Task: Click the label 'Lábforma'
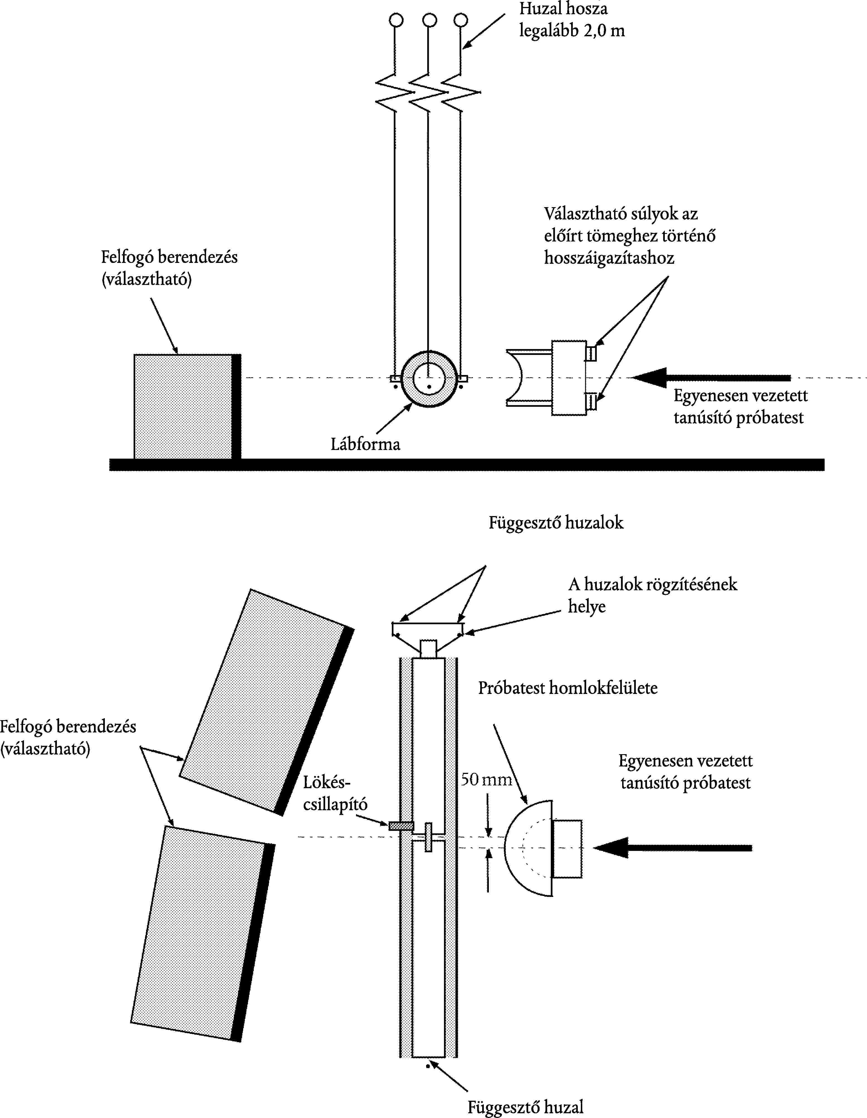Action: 365,444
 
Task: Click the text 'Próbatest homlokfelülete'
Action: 567,688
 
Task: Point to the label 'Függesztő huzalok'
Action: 556,523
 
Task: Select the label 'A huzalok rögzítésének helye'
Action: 653,595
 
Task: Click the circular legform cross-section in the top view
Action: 429,379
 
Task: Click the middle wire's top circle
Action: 429,20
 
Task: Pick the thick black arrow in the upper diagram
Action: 712,378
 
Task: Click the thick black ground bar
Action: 467,464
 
